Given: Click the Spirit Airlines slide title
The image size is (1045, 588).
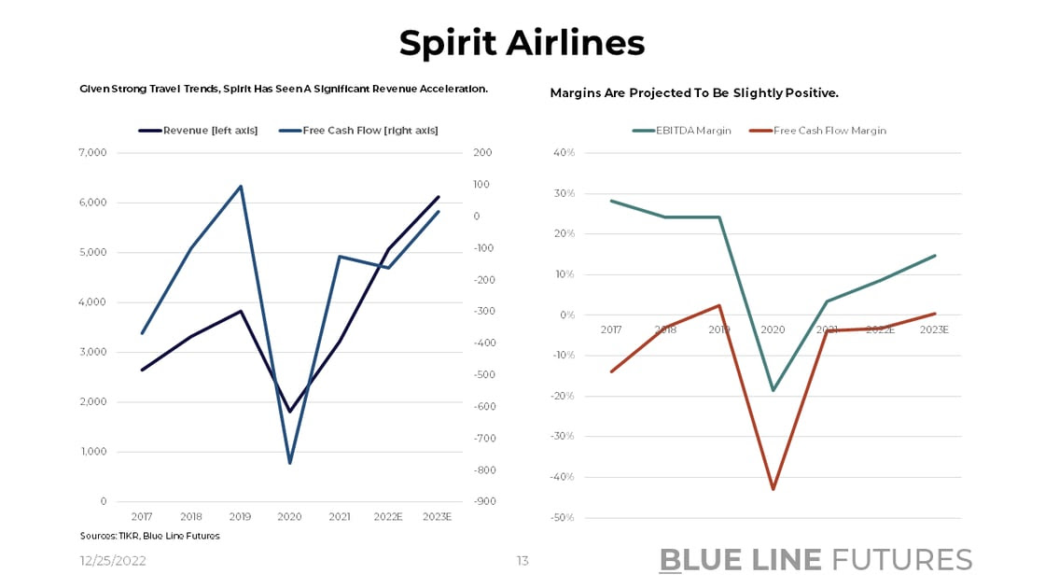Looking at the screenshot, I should (522, 43).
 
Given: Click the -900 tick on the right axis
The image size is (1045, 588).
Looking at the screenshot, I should (482, 501).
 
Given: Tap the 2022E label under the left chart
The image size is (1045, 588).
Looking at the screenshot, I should (389, 516).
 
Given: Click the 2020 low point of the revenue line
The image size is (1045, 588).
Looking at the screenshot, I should (290, 412).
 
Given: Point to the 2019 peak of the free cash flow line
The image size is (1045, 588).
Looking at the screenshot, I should (241, 186).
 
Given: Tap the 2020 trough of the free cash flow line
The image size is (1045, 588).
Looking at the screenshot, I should (290, 463).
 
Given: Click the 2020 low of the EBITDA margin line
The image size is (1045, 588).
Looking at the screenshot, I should (773, 390).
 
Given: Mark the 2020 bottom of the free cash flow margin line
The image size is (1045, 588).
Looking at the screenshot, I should (773, 489).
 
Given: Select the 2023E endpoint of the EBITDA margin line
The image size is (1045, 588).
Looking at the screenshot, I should (935, 256).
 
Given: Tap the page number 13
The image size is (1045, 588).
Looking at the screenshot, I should (522, 561).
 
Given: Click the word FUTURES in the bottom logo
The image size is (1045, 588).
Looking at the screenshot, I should (901, 560).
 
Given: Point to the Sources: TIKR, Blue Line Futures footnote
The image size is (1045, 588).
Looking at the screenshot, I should (149, 536).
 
